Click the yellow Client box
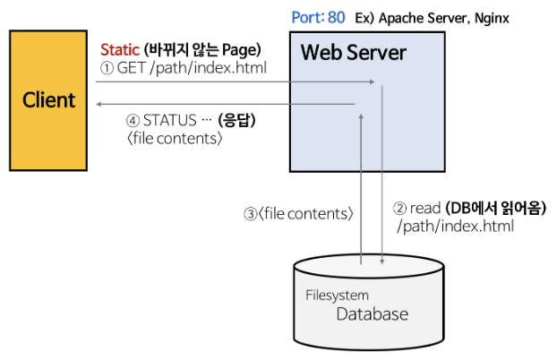coord(50,99)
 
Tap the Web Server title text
coord(353,53)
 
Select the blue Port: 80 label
coord(318,17)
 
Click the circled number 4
coord(133,120)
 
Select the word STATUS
coord(171,120)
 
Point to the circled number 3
coord(250,214)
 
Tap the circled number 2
coord(400,208)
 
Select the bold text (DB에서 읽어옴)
coord(495,208)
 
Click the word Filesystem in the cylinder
coord(337,295)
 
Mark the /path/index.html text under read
coord(455,227)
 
